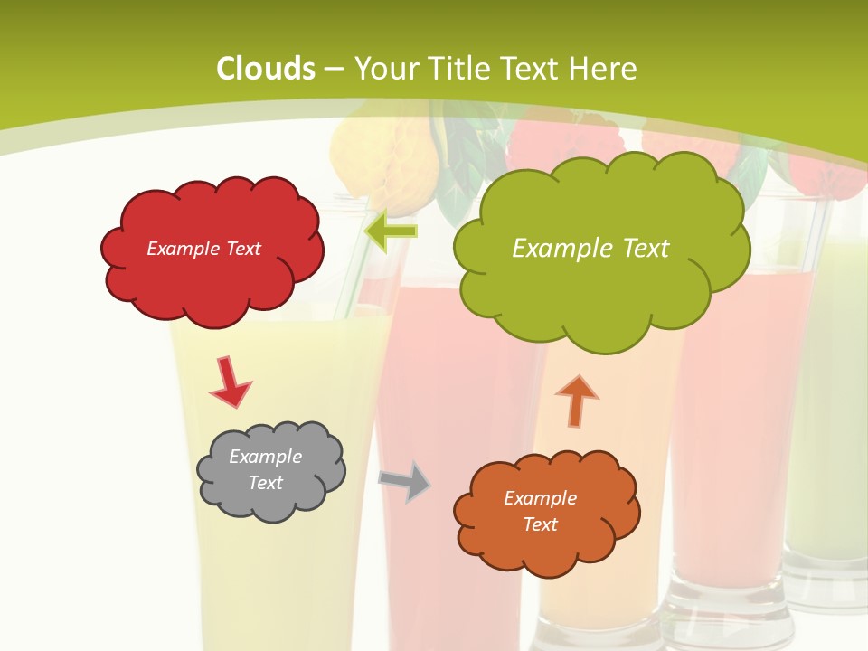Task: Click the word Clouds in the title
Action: (x=266, y=69)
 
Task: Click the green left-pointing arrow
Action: (x=391, y=231)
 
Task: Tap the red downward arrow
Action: (x=230, y=381)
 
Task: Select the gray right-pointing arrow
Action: (x=404, y=481)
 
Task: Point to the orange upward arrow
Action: (x=576, y=401)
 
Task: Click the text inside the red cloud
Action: (x=204, y=249)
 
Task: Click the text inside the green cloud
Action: (x=590, y=249)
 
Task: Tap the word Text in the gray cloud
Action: (x=266, y=483)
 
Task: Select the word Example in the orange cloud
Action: (x=540, y=498)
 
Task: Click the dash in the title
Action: (x=333, y=69)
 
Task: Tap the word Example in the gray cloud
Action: (x=266, y=457)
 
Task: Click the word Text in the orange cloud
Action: (x=540, y=524)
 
